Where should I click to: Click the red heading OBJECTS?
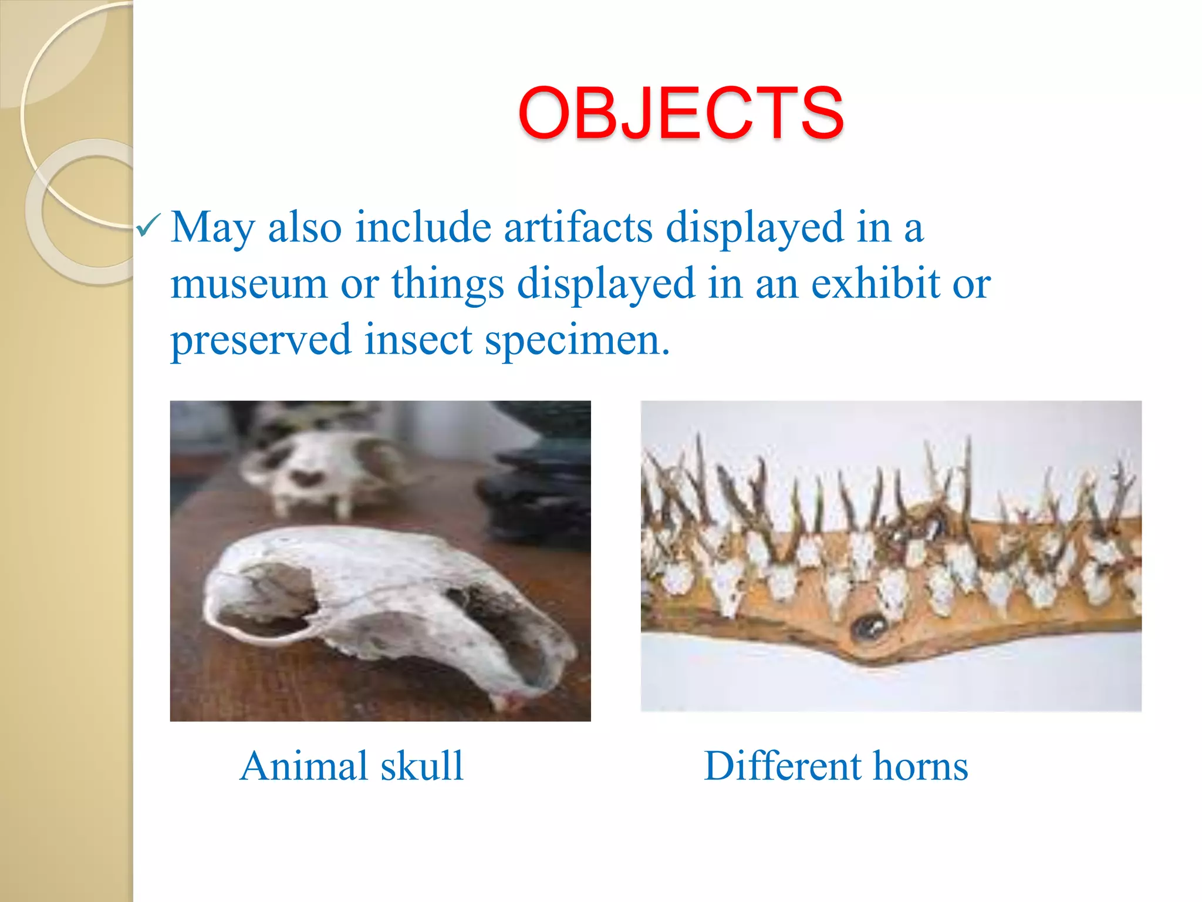(x=681, y=113)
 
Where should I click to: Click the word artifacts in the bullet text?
(x=578, y=227)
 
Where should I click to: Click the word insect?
(x=418, y=340)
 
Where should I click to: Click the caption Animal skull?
(x=352, y=766)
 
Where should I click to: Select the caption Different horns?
(x=836, y=766)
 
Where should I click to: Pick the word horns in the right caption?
(x=920, y=766)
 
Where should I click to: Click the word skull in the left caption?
(x=422, y=766)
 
